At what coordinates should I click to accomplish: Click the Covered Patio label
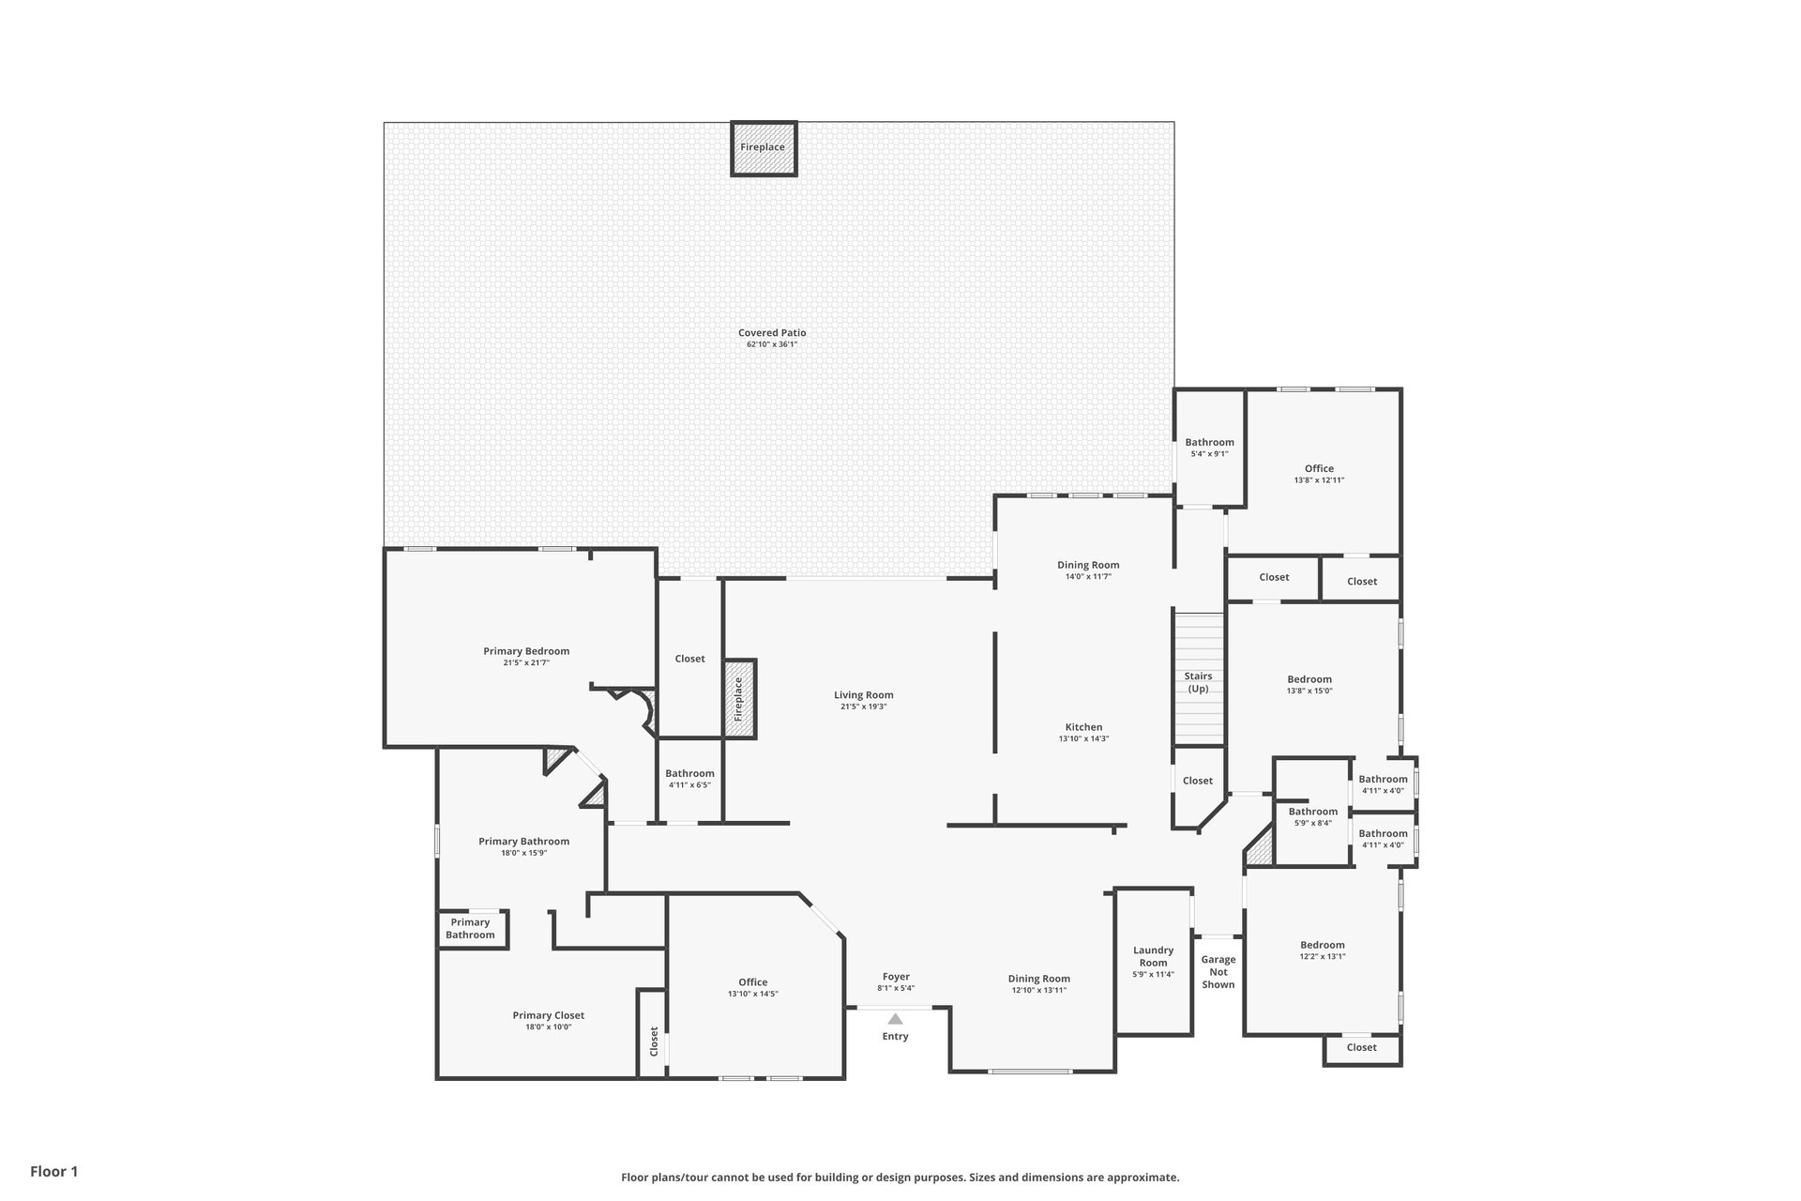(772, 333)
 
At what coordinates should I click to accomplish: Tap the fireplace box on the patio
(764, 148)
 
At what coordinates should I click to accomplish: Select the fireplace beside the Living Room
(738, 698)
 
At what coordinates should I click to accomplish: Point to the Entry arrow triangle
(896, 1019)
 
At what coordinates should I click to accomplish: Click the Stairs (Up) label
(1198, 682)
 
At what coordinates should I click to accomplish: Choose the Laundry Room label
(1153, 956)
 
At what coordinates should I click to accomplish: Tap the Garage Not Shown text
(1218, 972)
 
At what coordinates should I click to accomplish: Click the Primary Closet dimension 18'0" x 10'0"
(548, 1027)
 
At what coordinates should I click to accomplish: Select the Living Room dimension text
(863, 707)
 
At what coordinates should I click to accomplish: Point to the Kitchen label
(1083, 727)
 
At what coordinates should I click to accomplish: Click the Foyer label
(896, 977)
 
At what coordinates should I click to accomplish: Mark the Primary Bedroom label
(526, 651)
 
